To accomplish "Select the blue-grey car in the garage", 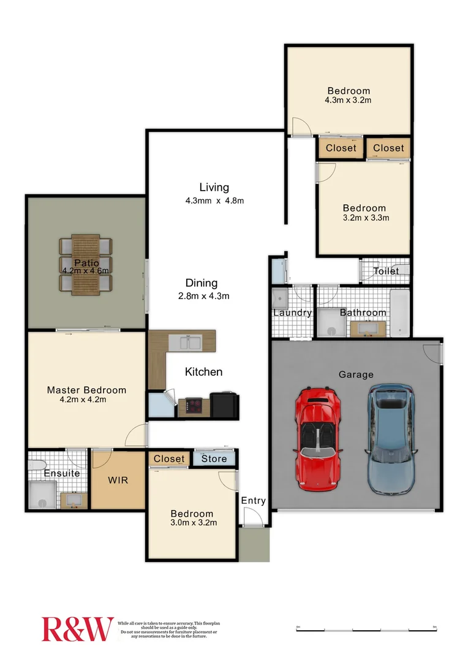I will [x=390, y=439].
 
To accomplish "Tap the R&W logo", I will [x=77, y=629].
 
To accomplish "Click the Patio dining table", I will [x=85, y=265].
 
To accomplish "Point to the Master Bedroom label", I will [x=86, y=390].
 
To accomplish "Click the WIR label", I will [x=118, y=479].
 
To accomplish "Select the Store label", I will [x=214, y=458].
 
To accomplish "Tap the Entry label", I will [x=253, y=501].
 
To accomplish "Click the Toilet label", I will [x=386, y=271].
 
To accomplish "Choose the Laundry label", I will [x=292, y=313].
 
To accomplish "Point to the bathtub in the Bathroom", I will [x=399, y=313].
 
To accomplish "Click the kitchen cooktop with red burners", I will [x=194, y=406].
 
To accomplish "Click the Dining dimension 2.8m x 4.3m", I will [x=202, y=296].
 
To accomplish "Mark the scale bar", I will [x=366, y=629].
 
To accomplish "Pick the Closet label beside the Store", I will [x=169, y=458].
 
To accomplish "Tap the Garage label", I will [x=356, y=375].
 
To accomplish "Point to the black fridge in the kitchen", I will [x=224, y=405].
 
